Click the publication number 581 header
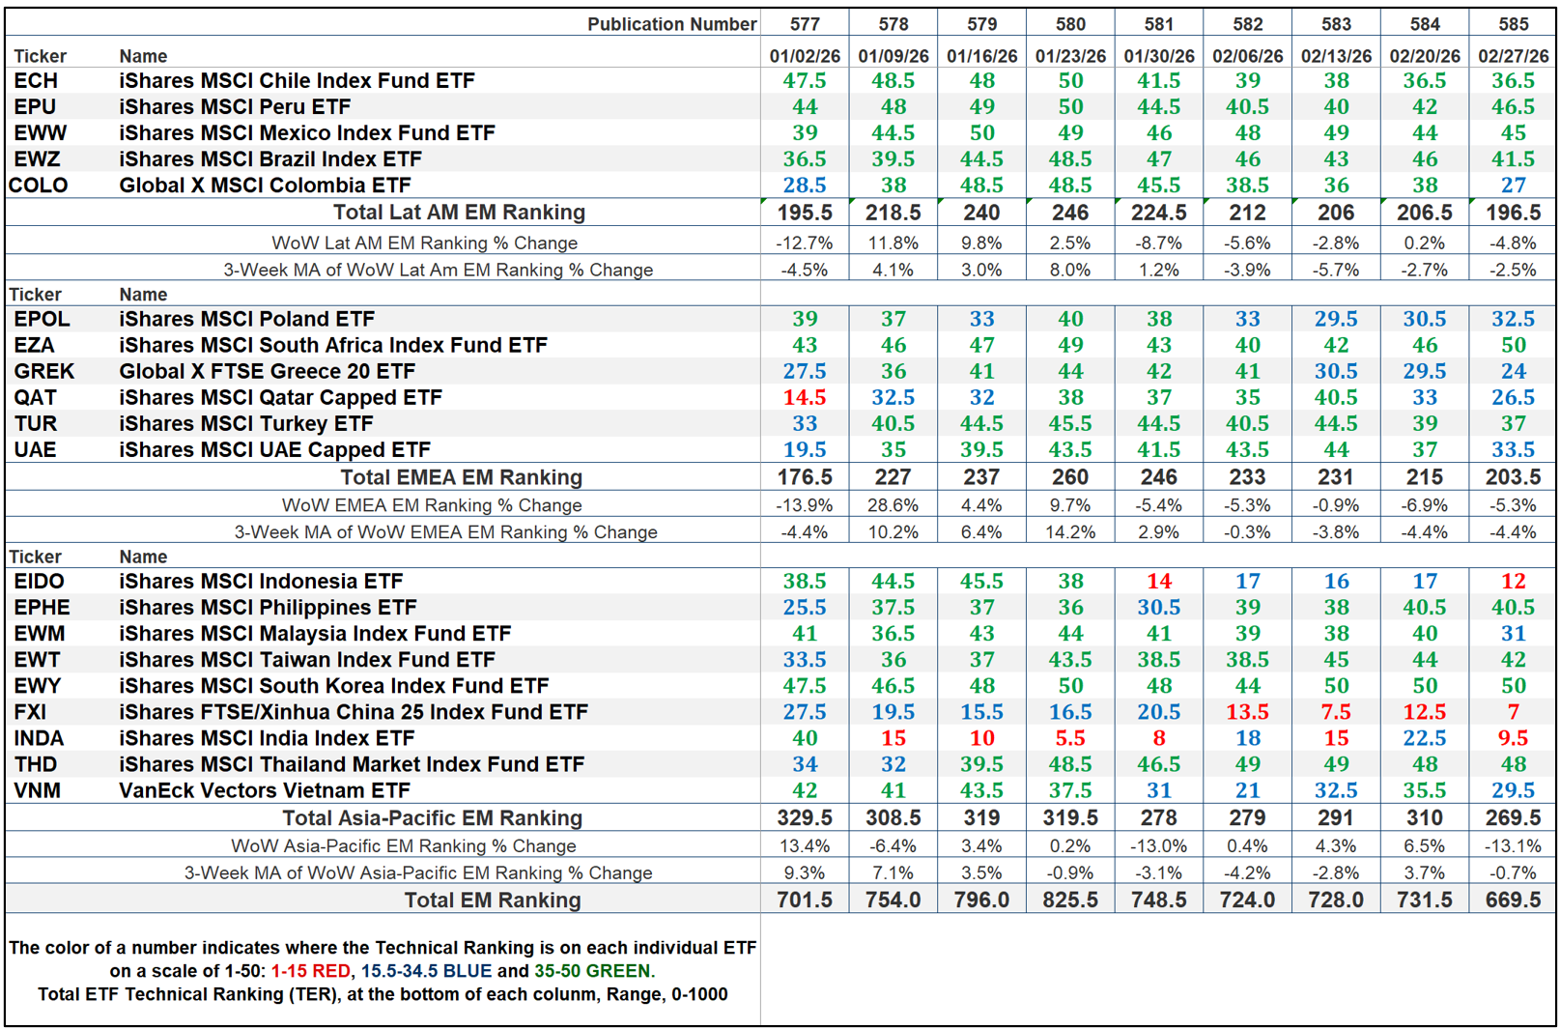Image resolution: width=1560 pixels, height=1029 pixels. pyautogui.click(x=1158, y=24)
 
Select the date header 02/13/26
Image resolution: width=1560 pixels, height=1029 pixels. pyautogui.click(x=1336, y=56)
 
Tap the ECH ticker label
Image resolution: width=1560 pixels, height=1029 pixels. pyautogui.click(x=36, y=81)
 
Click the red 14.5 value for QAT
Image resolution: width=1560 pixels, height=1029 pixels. pyautogui.click(x=804, y=397)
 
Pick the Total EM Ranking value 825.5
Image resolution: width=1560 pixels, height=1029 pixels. pyautogui.click(x=1069, y=900)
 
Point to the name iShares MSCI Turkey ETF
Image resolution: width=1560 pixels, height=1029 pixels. pyautogui.click(x=245, y=423)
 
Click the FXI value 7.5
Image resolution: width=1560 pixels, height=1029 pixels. pyautogui.click(x=1336, y=712)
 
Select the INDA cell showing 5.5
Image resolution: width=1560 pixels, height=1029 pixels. pyautogui.click(x=1069, y=738)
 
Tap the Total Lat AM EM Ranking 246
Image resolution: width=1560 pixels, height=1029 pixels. pyautogui.click(x=1069, y=213)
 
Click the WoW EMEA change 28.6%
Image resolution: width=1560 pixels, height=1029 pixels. pyautogui.click(x=893, y=504)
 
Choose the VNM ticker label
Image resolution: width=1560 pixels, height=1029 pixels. pyautogui.click(x=37, y=790)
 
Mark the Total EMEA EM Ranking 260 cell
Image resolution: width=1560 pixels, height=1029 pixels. pyautogui.click(x=1069, y=477)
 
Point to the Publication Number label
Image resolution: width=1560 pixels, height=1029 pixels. pyautogui.click(x=671, y=24)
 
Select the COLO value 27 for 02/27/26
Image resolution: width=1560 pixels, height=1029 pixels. pyautogui.click(x=1513, y=186)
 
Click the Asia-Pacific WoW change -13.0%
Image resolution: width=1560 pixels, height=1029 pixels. pyautogui.click(x=1158, y=845)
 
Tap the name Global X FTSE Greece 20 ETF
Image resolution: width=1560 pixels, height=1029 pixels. pyautogui.click(x=267, y=371)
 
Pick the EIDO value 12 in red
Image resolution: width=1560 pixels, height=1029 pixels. pyautogui.click(x=1513, y=582)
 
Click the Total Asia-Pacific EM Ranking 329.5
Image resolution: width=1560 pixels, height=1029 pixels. pyautogui.click(x=804, y=818)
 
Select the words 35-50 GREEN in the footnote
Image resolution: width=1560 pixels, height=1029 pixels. pyautogui.click(x=593, y=971)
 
